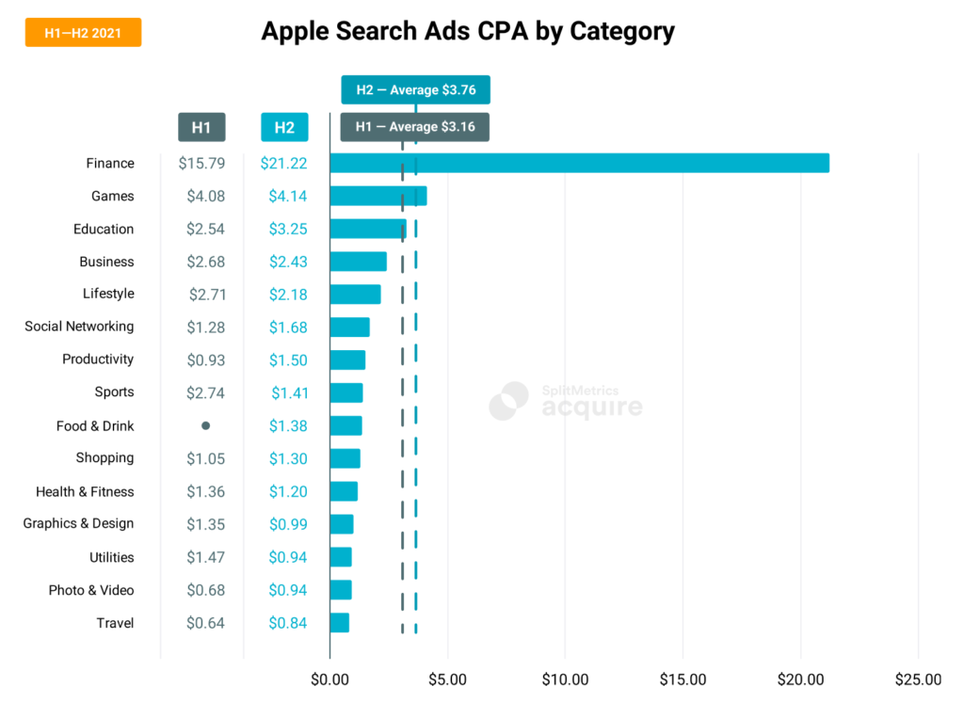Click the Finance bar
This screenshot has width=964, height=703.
click(x=579, y=163)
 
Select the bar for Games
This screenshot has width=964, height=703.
click(x=378, y=196)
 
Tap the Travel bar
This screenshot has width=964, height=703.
click(x=339, y=623)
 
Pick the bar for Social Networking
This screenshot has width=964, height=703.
click(x=349, y=327)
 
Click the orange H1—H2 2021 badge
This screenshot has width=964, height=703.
click(x=83, y=33)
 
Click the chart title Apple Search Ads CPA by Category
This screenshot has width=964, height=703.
click(x=468, y=31)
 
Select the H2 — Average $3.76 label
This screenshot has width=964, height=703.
click(x=415, y=90)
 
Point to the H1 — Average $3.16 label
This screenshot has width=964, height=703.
click(x=414, y=127)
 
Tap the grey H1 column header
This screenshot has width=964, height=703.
click(x=201, y=127)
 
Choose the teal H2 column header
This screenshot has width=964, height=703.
click(x=284, y=127)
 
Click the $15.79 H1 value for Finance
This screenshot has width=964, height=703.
click(x=201, y=164)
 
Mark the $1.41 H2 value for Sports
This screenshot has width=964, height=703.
click(x=288, y=392)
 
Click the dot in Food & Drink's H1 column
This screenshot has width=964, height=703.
click(x=205, y=425)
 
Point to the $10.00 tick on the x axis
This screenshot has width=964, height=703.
click(x=565, y=679)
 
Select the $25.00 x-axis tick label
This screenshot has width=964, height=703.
click(x=918, y=679)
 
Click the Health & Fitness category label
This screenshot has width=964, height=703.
click(x=85, y=491)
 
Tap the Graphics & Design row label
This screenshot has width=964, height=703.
click(x=79, y=523)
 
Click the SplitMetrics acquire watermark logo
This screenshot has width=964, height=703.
click(x=566, y=400)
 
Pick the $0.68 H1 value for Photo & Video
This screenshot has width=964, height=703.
click(x=205, y=590)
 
